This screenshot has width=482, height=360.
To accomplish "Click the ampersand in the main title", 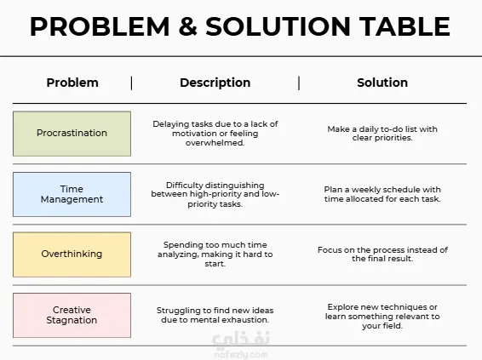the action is tap(187, 26).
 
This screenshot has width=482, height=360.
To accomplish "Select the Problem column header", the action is tap(72, 83).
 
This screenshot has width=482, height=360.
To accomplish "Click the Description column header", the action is tap(215, 83).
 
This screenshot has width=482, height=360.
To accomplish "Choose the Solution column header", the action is tap(382, 83).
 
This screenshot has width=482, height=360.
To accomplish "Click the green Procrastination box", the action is tap(72, 134).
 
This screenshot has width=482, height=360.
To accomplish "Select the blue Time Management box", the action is tap(72, 194).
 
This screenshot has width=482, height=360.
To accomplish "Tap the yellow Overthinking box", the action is tap(72, 254).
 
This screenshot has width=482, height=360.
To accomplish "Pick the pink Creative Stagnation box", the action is tap(72, 315).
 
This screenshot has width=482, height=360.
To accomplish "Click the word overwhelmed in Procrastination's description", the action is tap(215, 143).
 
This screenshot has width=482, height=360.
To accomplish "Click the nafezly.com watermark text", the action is tap(241, 355).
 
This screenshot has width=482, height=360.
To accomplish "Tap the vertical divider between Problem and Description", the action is tap(131, 83).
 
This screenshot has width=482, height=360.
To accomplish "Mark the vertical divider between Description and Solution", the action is tap(299, 83).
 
